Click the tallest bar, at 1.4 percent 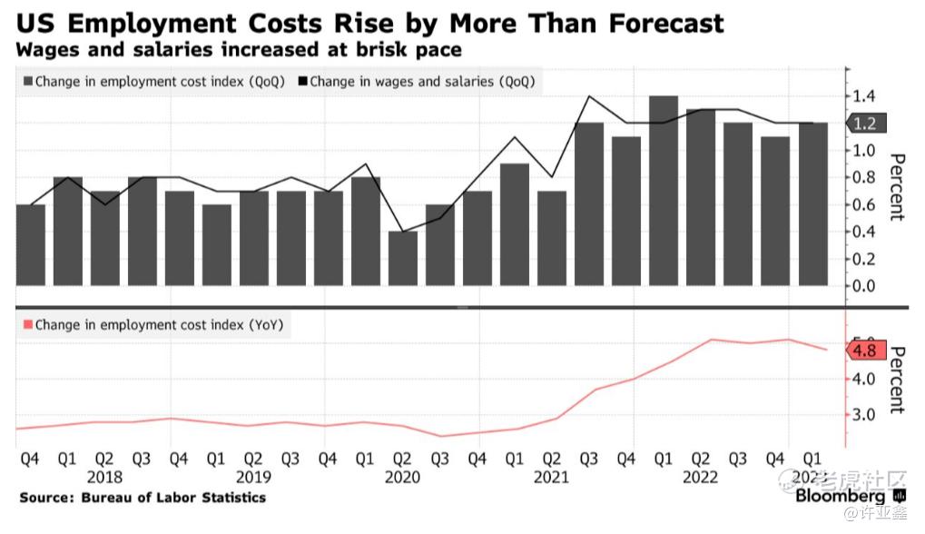tap(664, 190)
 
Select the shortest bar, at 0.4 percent tap(403, 258)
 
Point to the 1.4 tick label tap(864, 96)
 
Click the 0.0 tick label tap(864, 286)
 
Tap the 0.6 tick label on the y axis tap(864, 204)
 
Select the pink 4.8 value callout tap(864, 349)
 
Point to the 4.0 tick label tap(864, 379)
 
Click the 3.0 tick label tap(864, 415)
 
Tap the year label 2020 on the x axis tap(402, 477)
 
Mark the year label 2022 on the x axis tap(700, 477)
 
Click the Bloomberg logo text tap(841, 497)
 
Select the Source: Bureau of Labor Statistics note tap(143, 498)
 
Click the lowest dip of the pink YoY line tap(440, 436)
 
